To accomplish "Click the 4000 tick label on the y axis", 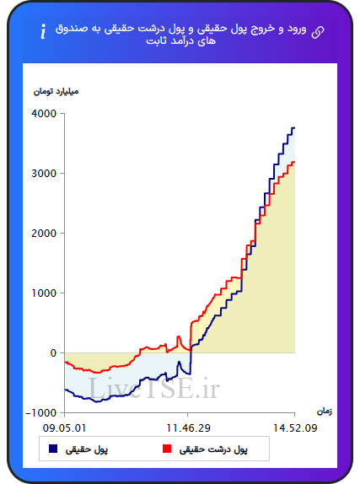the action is pyautogui.click(x=44, y=114).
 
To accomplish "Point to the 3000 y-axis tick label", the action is pyautogui.click(x=44, y=174).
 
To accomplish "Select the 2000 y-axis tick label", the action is pyautogui.click(x=44, y=234).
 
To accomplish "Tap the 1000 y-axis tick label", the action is pyautogui.click(x=44, y=293).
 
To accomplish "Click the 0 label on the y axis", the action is pyautogui.click(x=53, y=352).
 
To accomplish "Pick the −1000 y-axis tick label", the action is pyautogui.click(x=41, y=412).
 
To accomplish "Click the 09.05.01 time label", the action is pyautogui.click(x=64, y=428).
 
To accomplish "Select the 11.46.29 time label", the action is pyautogui.click(x=188, y=428).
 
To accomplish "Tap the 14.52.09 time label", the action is pyautogui.click(x=295, y=428).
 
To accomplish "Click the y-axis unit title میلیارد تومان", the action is pyautogui.click(x=56, y=92).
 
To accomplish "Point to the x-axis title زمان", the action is pyautogui.click(x=325, y=411).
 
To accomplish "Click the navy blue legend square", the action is pyautogui.click(x=53, y=449).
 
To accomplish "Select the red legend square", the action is pyautogui.click(x=167, y=449).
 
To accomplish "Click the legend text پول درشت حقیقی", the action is pyautogui.click(x=213, y=449).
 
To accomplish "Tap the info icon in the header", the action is pyautogui.click(x=43, y=31).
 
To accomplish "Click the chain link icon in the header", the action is pyautogui.click(x=318, y=32).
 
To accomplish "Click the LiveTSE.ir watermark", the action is pyautogui.click(x=153, y=388).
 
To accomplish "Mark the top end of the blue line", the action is pyautogui.click(x=294, y=128).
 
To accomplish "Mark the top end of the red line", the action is pyautogui.click(x=294, y=162).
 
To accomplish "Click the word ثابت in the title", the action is pyautogui.click(x=156, y=41).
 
